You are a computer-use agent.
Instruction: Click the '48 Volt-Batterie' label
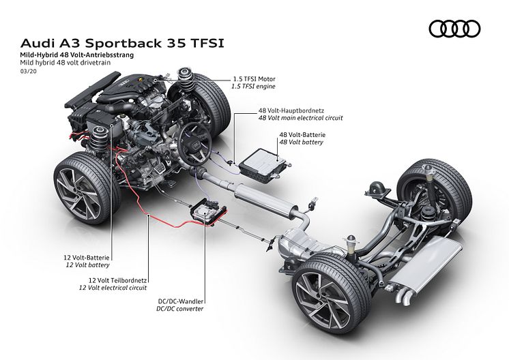302,136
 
